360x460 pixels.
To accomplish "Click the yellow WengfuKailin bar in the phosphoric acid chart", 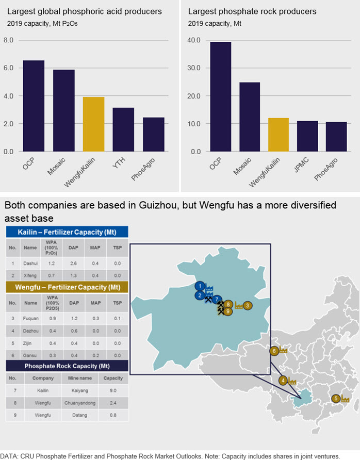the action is pyautogui.click(x=93, y=124).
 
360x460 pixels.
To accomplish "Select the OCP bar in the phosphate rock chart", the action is pyautogui.click(x=221, y=96).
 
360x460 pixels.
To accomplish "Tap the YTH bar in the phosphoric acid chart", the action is pyautogui.click(x=123, y=129).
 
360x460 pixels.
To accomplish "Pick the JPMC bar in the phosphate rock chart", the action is pyautogui.click(x=307, y=136).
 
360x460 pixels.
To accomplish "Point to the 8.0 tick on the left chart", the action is pyautogui.click(x=8, y=40).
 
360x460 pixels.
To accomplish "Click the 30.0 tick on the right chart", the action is pyautogui.click(x=194, y=68).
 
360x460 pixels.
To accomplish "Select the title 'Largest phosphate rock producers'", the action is pyautogui.click(x=252, y=11).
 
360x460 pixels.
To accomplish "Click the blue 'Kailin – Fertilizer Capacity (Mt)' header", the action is pyautogui.click(x=67, y=232).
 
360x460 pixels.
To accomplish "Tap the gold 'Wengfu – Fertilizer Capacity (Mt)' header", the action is pyautogui.click(x=67, y=287).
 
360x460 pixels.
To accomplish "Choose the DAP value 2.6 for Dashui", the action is pyautogui.click(x=73, y=263).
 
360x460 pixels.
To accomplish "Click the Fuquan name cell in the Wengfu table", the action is pyautogui.click(x=30, y=318).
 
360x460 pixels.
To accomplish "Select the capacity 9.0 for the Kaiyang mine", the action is pyautogui.click(x=113, y=390).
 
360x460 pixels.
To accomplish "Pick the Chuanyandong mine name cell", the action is pyautogui.click(x=80, y=403).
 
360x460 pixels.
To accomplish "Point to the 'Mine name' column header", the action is pyautogui.click(x=80, y=378).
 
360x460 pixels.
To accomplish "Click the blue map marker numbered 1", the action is pyautogui.click(x=200, y=286).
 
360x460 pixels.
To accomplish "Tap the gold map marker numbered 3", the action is pyautogui.click(x=248, y=306).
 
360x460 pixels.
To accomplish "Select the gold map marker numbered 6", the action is pyautogui.click(x=274, y=351).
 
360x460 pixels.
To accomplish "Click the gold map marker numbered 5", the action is pyautogui.click(x=336, y=399).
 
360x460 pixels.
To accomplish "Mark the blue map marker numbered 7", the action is pyautogui.click(x=217, y=300).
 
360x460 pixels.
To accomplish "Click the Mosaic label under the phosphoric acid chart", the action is pyautogui.click(x=56, y=167).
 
